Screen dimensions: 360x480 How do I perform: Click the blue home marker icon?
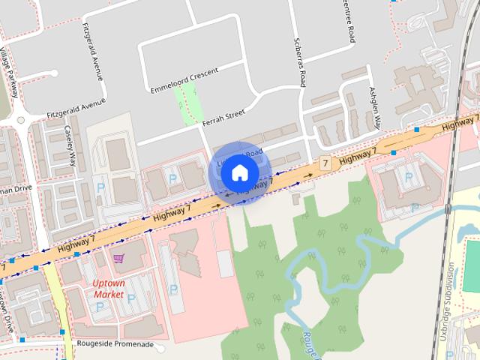[239, 172]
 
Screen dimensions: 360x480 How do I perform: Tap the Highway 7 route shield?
[325, 162]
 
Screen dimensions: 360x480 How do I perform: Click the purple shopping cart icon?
[118, 259]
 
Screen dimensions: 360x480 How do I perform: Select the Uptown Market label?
[109, 289]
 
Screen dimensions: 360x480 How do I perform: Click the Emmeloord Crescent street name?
[184, 76]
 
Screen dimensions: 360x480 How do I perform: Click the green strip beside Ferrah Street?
[187, 103]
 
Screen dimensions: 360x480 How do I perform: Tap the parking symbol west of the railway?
[409, 177]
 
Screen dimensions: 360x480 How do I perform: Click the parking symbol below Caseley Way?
[100, 187]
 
